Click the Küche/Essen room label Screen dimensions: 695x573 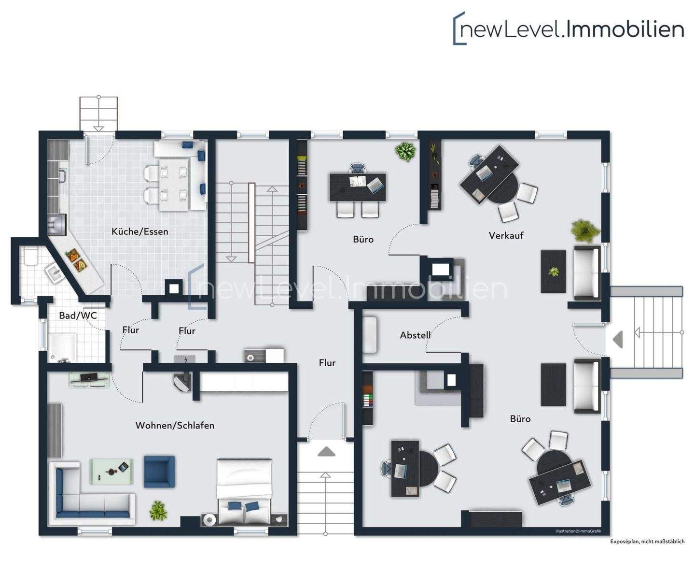pos(140,231)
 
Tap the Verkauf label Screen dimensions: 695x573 pos(506,236)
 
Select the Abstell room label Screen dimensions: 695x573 pos(415,335)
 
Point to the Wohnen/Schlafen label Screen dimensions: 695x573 pos(175,426)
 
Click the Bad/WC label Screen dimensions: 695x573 pos(78,315)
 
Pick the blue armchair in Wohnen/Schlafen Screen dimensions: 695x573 pos(159,472)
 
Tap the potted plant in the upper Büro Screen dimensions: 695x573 pos(405,152)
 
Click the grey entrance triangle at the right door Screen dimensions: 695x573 pos(618,340)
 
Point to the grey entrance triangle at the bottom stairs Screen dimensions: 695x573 pos(327,452)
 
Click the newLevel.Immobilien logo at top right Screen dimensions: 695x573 pos(569,29)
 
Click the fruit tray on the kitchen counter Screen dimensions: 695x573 pos(76,260)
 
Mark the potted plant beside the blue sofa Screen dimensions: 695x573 pos(158,511)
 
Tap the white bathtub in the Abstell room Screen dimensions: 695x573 pos(370,334)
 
